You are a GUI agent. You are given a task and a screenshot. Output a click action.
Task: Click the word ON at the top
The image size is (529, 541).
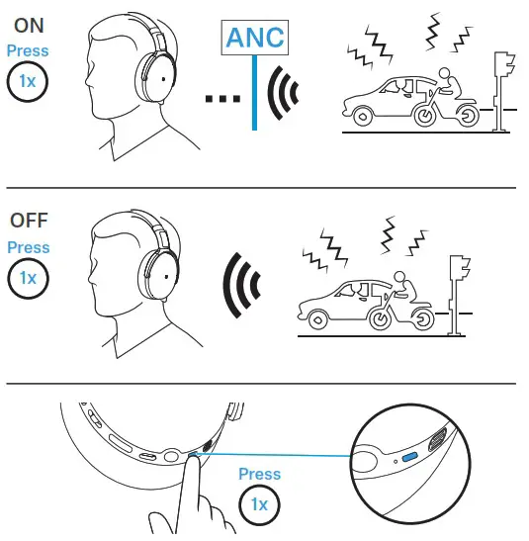[28, 23]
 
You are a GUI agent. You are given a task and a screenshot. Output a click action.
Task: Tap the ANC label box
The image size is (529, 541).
[255, 38]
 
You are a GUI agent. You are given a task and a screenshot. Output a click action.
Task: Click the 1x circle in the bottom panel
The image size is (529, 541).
[260, 505]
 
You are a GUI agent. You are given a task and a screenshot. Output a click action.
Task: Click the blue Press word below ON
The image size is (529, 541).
[28, 50]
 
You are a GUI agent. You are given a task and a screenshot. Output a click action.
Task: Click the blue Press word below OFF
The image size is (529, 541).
[28, 247]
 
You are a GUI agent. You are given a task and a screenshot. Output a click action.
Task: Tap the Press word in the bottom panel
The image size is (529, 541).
[260, 476]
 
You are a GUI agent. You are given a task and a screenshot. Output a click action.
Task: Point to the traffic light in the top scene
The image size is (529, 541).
[504, 79]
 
